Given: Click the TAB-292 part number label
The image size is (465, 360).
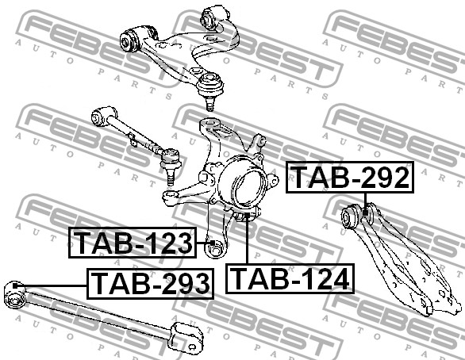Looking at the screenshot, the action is [x=350, y=177].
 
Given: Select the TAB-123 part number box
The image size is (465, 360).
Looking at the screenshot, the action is [x=133, y=243].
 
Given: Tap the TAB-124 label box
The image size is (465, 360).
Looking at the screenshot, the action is [x=290, y=278].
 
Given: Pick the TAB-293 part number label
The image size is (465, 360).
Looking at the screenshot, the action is [x=150, y=284].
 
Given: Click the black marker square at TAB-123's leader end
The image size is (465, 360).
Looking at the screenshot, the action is [x=213, y=243].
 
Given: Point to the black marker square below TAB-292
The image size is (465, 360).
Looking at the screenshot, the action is [x=365, y=213].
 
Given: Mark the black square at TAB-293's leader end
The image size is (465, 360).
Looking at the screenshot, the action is [x=15, y=286].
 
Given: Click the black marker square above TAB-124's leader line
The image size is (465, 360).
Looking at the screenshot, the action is [x=247, y=216].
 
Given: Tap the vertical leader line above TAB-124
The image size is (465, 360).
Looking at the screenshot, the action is [x=247, y=241].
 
